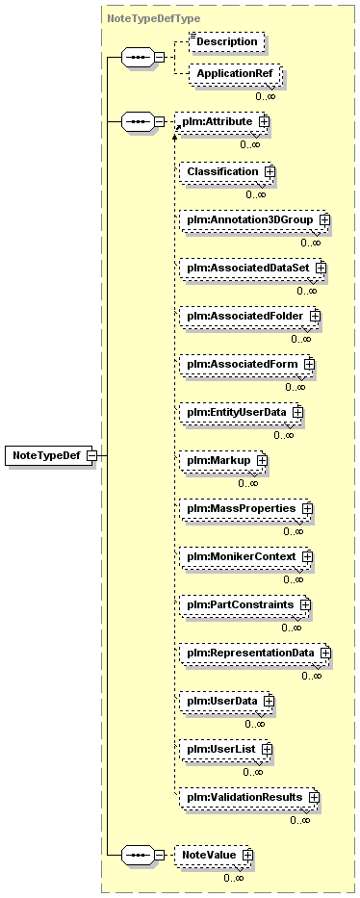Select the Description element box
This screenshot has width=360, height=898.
tap(226, 41)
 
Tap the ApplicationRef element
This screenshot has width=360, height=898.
tap(234, 73)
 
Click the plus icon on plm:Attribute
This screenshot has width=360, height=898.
tap(264, 121)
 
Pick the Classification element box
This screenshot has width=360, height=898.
tap(225, 171)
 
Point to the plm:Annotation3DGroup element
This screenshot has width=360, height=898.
tap(252, 219)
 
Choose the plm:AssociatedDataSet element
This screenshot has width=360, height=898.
tap(250, 268)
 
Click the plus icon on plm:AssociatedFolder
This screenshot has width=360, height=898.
tap(315, 316)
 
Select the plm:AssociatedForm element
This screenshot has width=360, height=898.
tap(244, 364)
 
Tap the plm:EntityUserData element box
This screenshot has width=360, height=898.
tap(239, 412)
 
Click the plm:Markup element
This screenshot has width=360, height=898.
tap(221, 460)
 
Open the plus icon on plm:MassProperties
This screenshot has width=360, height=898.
tap(307, 508)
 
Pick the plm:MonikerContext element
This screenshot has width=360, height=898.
tap(244, 556)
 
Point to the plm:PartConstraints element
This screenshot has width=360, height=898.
tap(243, 604)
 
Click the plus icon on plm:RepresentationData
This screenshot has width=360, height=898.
tap(325, 653)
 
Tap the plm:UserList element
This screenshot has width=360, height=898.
tap(223, 749)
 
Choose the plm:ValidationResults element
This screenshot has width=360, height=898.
tap(246, 797)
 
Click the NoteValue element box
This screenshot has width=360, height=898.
tap(212, 855)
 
